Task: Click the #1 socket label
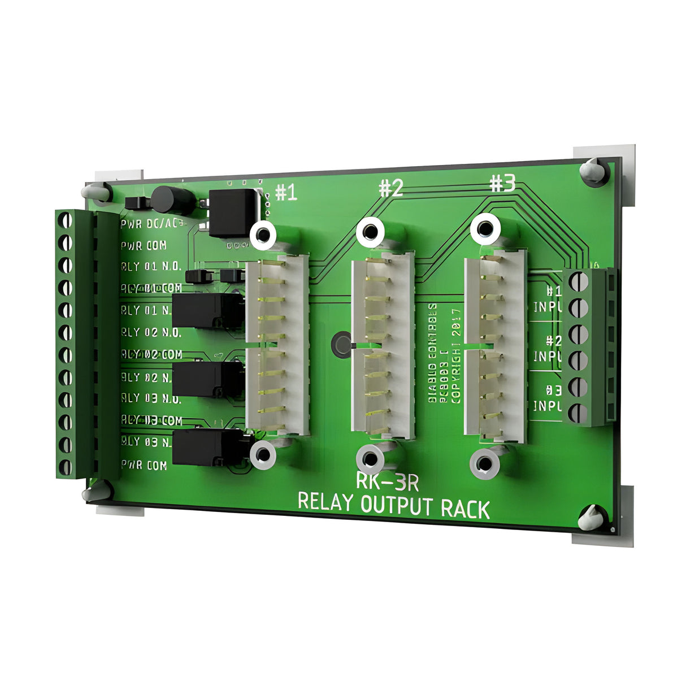click(x=286, y=193)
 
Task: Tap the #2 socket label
click(x=390, y=188)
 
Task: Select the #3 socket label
click(x=502, y=183)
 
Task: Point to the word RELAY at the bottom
click(x=324, y=502)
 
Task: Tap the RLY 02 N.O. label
click(x=151, y=332)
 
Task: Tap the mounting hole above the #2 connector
click(x=371, y=232)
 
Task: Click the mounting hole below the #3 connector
click(x=484, y=464)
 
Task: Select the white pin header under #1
click(x=277, y=345)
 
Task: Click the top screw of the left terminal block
click(x=66, y=219)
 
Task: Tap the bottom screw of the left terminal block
click(x=66, y=467)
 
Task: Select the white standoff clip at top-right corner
click(x=593, y=170)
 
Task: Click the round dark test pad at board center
click(x=342, y=344)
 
